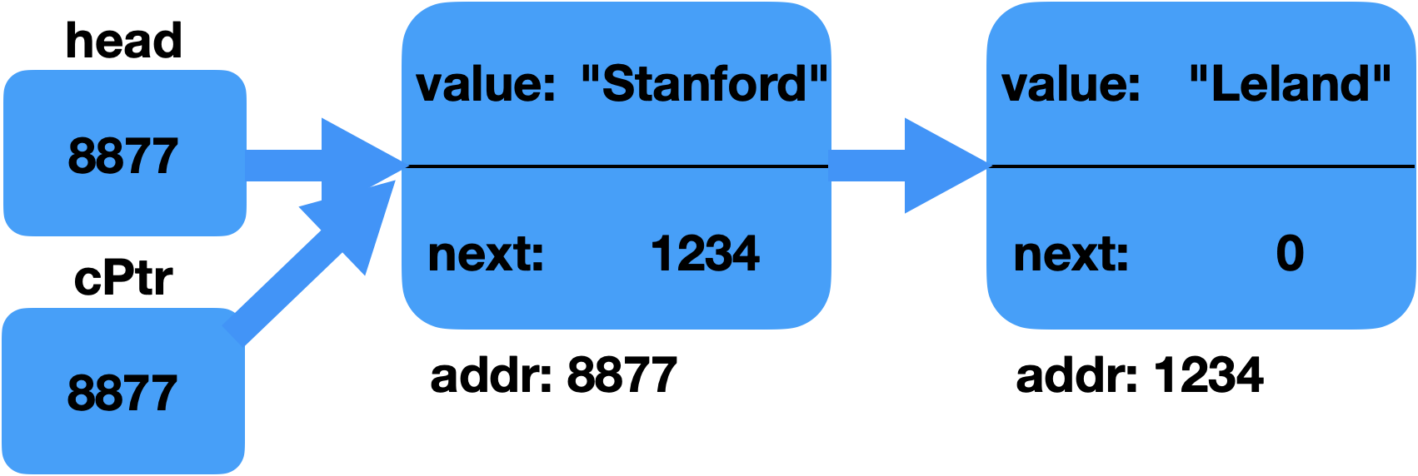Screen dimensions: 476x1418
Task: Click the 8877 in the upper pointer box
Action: point(122,156)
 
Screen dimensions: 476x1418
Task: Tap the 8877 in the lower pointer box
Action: point(122,393)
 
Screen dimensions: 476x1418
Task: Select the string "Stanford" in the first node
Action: point(704,84)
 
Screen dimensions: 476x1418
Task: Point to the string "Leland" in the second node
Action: point(1290,84)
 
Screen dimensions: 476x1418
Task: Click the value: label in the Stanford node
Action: point(486,85)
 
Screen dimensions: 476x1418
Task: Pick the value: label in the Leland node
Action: point(1071,85)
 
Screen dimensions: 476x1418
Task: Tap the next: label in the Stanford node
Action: point(486,255)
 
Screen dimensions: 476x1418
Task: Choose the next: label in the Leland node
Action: point(1071,255)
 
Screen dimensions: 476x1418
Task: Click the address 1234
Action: point(704,254)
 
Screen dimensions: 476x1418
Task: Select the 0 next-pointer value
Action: point(1290,254)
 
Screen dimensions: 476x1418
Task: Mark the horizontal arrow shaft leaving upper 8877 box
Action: point(283,165)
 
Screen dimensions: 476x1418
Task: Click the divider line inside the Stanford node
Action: point(617,166)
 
